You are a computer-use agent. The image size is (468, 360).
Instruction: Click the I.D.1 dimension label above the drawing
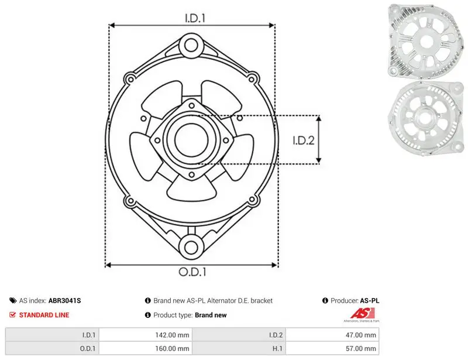coord(195,18)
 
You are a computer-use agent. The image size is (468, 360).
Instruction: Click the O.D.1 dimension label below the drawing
coord(192,272)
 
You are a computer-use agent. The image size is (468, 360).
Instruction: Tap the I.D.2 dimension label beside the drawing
coord(304,140)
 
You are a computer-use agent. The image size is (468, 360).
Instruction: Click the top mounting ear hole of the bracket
coord(191,46)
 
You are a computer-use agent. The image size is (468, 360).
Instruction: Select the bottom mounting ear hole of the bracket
coord(191,247)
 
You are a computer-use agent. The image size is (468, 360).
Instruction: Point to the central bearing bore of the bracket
coord(191,140)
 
